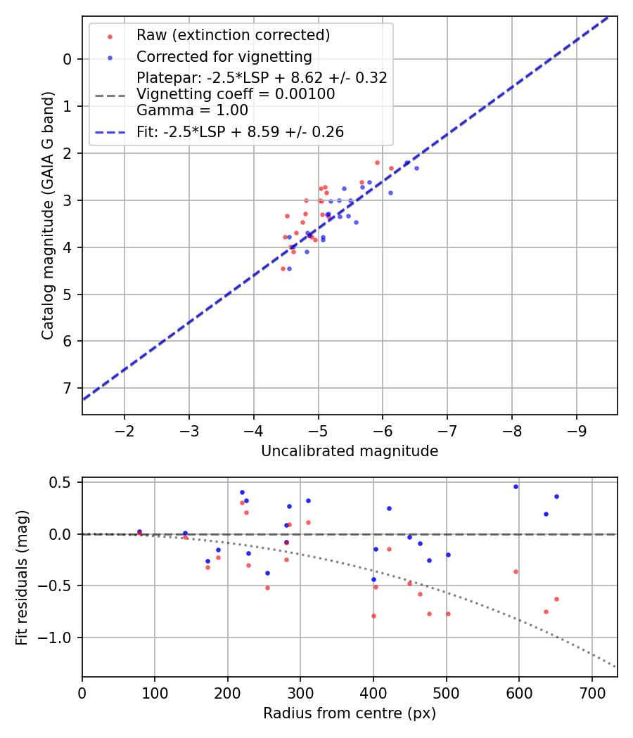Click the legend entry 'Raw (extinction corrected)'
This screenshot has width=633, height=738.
click(233, 35)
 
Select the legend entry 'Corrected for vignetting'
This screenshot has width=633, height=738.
click(224, 56)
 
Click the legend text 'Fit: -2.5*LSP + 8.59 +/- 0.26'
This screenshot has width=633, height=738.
click(240, 132)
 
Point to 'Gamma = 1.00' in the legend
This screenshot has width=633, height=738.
click(192, 110)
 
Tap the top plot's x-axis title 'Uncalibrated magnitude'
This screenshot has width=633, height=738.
click(350, 451)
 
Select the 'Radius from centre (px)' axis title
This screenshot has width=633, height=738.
click(350, 713)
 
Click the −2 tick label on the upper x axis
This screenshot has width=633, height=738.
click(124, 429)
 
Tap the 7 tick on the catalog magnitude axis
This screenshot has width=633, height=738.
click(68, 388)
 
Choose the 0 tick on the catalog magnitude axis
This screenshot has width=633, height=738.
click(68, 59)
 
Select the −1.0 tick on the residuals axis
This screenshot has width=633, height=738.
click(60, 637)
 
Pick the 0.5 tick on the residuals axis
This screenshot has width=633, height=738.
click(63, 482)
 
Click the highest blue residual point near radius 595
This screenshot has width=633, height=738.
click(516, 486)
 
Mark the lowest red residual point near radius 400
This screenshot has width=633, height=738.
click(373, 616)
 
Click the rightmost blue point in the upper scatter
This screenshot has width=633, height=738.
click(416, 168)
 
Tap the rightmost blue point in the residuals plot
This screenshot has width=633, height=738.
click(556, 496)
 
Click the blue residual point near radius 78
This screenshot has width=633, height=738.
click(139, 531)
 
